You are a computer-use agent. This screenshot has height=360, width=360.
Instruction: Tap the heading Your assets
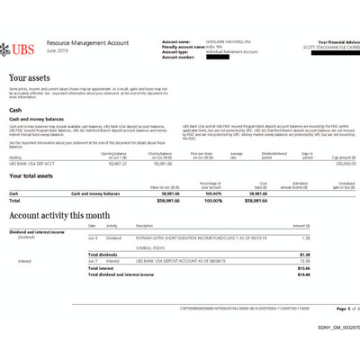pos(31,78)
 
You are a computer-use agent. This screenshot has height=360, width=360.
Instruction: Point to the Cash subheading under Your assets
pos(15,110)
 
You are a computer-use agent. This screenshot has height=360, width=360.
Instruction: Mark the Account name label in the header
pos(177,41)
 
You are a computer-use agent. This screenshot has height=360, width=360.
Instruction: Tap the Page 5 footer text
pos(330,308)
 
